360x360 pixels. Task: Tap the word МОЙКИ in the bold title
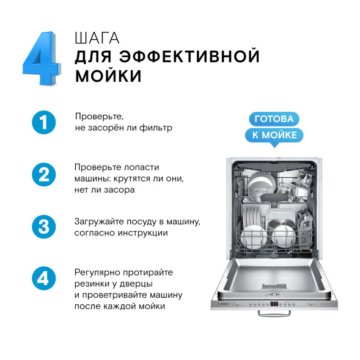(x=109, y=76)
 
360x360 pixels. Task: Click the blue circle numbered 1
(x=43, y=122)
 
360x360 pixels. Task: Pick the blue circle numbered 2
(x=43, y=175)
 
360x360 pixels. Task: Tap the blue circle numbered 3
(x=43, y=227)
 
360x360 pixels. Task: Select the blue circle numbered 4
(x=43, y=279)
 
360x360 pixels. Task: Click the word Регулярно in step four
(x=97, y=272)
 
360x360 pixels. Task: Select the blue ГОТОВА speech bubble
(x=273, y=119)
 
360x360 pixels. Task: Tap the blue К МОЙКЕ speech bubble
(x=273, y=135)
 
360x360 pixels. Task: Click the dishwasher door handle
(x=273, y=313)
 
